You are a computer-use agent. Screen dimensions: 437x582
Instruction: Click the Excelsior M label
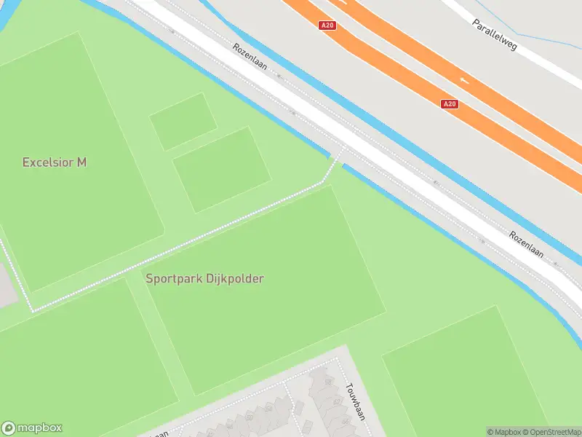point(55,162)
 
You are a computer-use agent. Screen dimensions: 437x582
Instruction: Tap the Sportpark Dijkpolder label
point(204,278)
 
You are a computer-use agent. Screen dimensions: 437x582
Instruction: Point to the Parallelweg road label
point(494,35)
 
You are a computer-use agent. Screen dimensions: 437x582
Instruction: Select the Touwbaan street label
point(354,401)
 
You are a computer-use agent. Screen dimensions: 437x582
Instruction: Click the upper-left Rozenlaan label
point(250,59)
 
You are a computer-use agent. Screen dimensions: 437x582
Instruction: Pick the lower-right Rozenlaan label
point(527,245)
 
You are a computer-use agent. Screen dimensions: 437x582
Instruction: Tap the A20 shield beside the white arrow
point(450,104)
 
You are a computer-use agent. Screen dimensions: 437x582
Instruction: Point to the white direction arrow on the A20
point(463,78)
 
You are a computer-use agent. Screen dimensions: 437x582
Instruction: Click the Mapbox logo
point(32,428)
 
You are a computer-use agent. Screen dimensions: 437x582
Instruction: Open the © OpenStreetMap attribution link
point(550,432)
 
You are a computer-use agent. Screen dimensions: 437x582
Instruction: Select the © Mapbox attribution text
point(503,432)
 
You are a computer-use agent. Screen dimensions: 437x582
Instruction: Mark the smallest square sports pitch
point(183,121)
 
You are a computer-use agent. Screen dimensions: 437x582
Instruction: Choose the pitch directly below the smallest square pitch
point(221,170)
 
